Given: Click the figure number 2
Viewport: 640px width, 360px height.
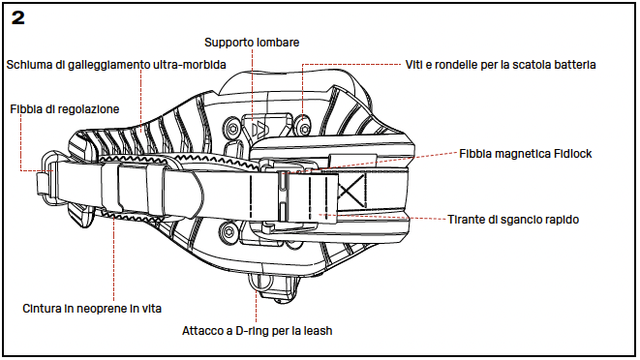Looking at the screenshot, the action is (x=18, y=18).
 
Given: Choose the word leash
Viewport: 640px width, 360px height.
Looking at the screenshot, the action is (x=318, y=331).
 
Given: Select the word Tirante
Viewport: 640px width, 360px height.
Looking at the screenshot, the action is (x=466, y=219).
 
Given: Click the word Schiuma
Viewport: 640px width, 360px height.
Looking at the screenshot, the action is (x=25, y=65).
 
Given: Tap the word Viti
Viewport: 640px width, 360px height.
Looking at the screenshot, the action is (x=413, y=65).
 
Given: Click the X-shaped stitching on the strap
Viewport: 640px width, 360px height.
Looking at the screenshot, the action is (x=351, y=191).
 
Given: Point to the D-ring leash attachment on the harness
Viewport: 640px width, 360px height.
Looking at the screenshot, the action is (x=259, y=283).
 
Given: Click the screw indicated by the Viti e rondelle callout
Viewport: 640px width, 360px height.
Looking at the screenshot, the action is (x=304, y=128).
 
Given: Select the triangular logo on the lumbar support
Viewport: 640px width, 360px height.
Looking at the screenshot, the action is (x=259, y=129).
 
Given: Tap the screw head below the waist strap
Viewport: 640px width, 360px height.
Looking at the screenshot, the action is (x=229, y=233).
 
